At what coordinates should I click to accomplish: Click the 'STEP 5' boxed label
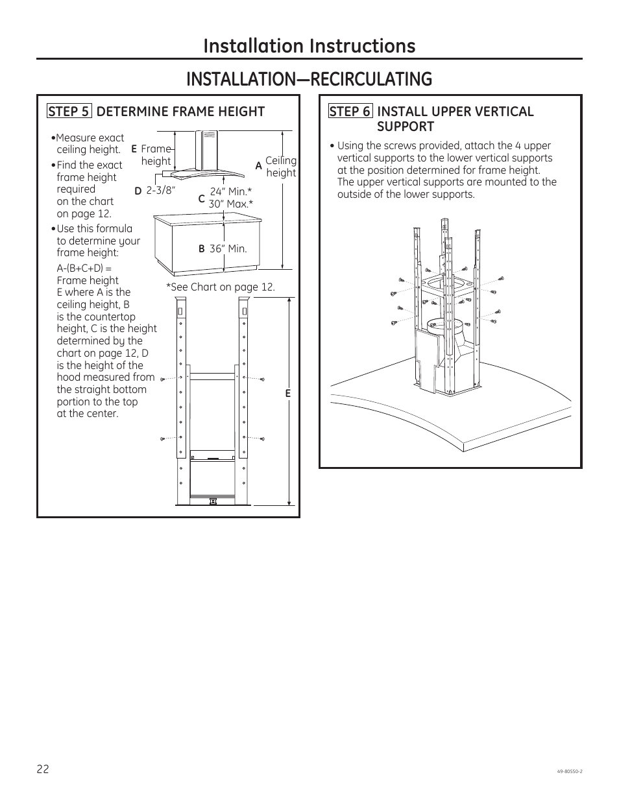(x=68, y=112)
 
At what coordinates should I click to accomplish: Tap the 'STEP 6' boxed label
(x=350, y=112)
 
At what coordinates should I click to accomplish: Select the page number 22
(x=43, y=769)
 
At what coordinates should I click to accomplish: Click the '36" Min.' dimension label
(x=228, y=248)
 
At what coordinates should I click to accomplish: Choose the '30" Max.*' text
(x=230, y=204)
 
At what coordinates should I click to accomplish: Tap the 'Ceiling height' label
(x=281, y=167)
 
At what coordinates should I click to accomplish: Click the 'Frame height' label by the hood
(x=156, y=155)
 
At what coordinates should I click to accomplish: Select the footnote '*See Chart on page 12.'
(x=221, y=287)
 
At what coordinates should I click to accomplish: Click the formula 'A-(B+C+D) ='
(x=84, y=268)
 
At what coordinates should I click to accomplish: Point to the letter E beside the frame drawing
(x=288, y=394)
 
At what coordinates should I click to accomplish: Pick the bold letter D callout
(x=138, y=191)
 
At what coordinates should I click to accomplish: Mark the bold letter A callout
(x=258, y=166)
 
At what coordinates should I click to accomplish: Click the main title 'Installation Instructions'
(x=309, y=45)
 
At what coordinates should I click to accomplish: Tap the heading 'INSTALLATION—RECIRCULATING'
(x=309, y=79)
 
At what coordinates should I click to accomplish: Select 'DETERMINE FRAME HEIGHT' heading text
(x=180, y=112)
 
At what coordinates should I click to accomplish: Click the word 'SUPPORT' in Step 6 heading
(x=405, y=126)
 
